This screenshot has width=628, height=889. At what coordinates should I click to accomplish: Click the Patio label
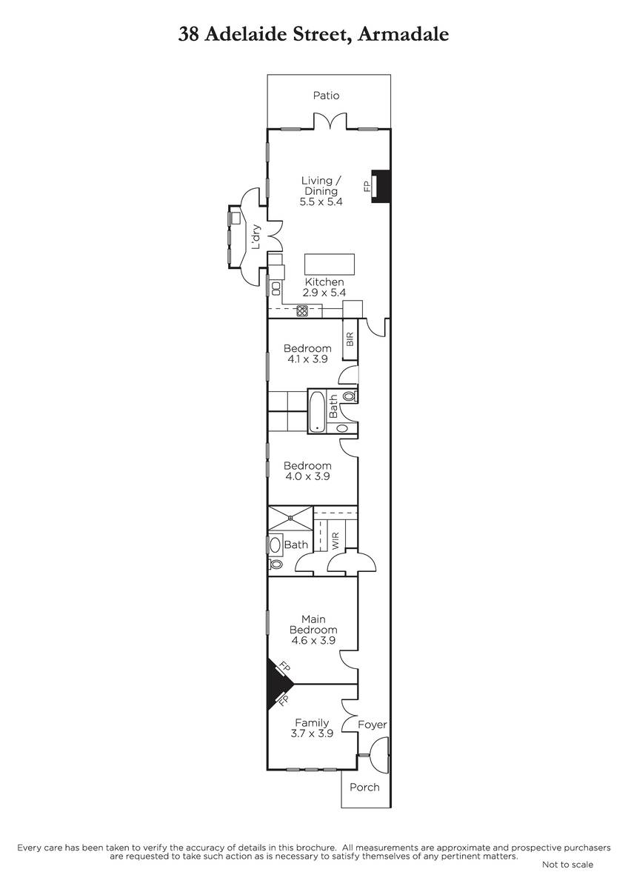(326, 96)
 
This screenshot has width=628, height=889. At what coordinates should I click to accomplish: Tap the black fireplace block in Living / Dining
(381, 186)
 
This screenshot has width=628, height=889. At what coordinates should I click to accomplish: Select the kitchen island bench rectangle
(330, 264)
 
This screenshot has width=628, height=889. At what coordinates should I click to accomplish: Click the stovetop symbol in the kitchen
(302, 310)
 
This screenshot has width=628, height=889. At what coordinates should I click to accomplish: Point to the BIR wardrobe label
(350, 339)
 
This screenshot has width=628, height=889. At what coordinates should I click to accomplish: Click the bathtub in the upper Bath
(317, 412)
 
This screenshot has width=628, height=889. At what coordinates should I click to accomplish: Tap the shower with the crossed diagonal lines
(291, 518)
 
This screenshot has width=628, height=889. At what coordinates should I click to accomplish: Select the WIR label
(335, 541)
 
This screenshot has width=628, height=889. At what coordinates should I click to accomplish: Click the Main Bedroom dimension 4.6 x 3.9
(313, 640)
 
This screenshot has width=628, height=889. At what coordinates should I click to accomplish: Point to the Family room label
(312, 722)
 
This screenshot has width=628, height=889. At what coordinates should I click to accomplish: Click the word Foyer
(372, 725)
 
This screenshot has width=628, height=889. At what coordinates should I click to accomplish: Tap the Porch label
(364, 788)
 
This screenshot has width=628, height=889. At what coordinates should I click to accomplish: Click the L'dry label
(256, 237)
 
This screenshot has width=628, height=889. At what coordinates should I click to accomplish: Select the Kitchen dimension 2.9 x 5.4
(324, 293)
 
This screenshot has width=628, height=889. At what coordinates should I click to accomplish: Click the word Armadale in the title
(403, 34)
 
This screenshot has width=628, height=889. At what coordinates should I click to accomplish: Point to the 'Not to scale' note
(568, 865)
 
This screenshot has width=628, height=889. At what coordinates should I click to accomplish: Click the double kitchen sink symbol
(275, 288)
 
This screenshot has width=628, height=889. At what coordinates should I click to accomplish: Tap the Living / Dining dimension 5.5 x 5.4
(321, 202)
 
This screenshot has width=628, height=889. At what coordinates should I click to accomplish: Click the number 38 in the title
(188, 34)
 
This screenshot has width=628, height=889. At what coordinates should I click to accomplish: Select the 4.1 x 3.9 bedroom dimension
(308, 359)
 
